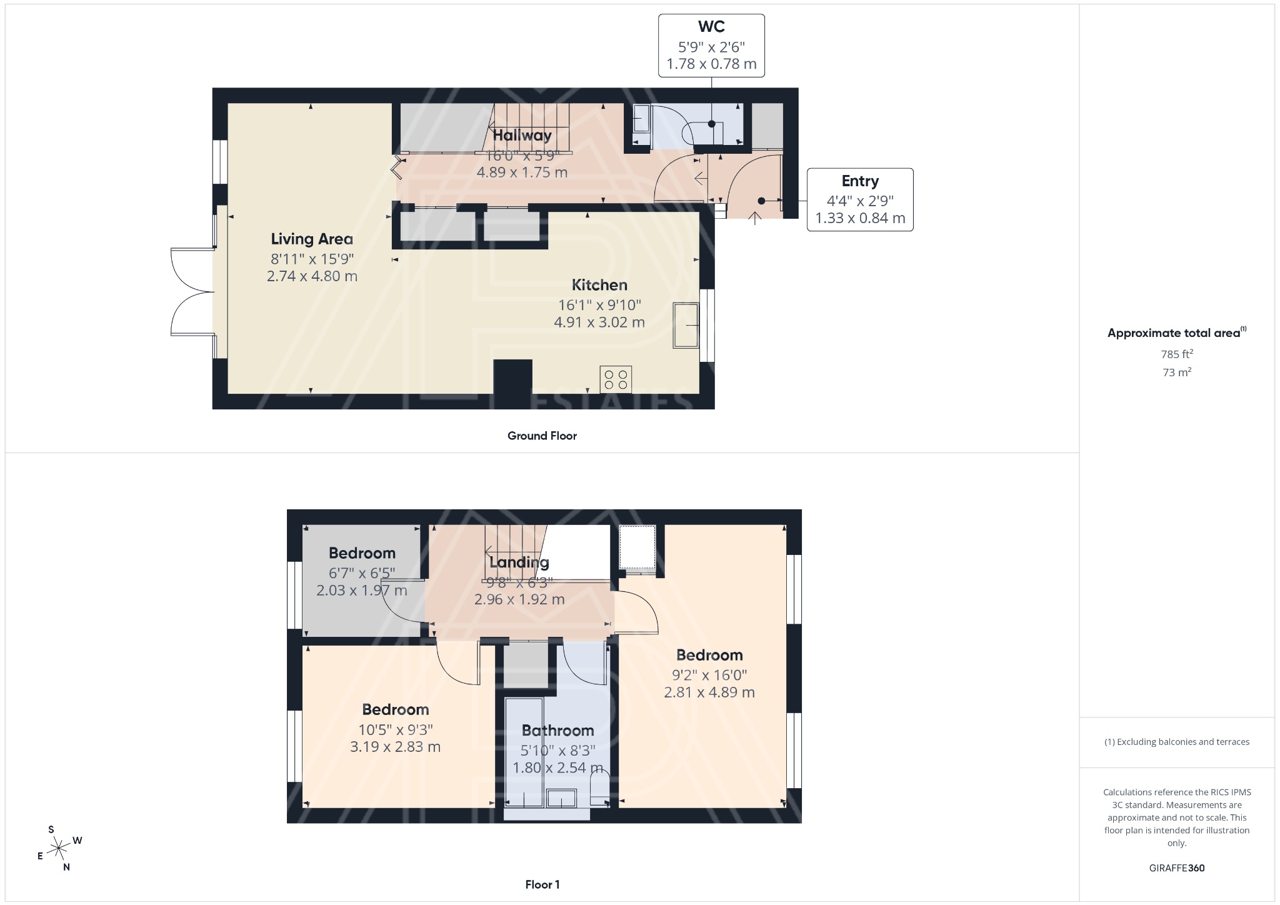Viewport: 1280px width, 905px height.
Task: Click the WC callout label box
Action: point(711,46)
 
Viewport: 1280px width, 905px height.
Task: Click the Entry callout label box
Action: point(860,199)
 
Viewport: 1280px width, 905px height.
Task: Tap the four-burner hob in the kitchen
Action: point(616,379)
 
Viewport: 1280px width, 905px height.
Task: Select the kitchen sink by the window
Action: point(686,325)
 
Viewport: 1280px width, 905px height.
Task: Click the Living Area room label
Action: point(312,239)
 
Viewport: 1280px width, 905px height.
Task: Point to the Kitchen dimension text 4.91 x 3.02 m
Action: point(599,322)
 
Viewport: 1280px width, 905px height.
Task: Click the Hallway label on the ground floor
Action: point(522,135)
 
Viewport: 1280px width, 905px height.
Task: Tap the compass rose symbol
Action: point(59,849)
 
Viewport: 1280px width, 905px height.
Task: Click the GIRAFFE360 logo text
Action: point(1176,868)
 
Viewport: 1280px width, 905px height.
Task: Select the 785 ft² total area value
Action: point(1176,354)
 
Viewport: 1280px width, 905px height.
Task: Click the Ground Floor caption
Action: point(542,436)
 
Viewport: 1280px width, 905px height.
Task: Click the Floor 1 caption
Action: point(542,884)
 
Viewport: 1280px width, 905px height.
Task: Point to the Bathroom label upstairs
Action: point(557,731)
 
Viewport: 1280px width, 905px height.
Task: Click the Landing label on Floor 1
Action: point(519,562)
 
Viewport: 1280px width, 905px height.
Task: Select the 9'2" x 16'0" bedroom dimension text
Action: point(709,675)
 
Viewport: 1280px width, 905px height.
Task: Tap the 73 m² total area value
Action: point(1176,372)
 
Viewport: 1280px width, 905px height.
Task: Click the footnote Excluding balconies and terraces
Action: point(1176,742)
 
